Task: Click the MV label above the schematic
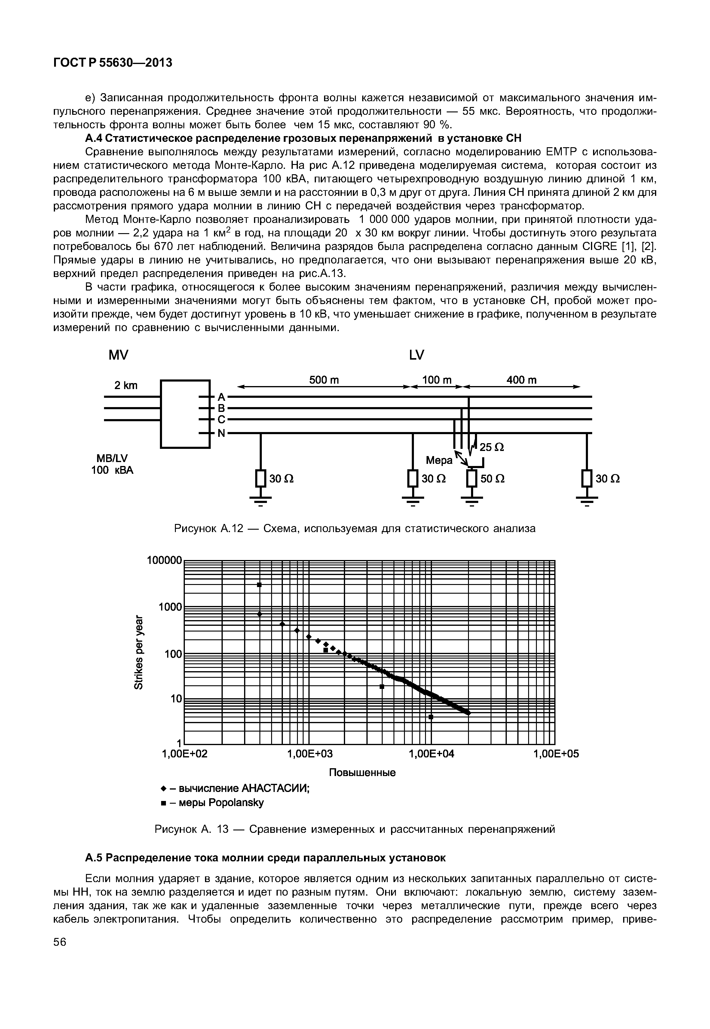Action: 118,355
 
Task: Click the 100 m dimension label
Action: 437,380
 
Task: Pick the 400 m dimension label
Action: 522,380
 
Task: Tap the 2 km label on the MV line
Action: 126,385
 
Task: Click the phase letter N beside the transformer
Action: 221,434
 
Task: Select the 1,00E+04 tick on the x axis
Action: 432,754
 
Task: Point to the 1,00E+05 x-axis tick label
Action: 556,754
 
